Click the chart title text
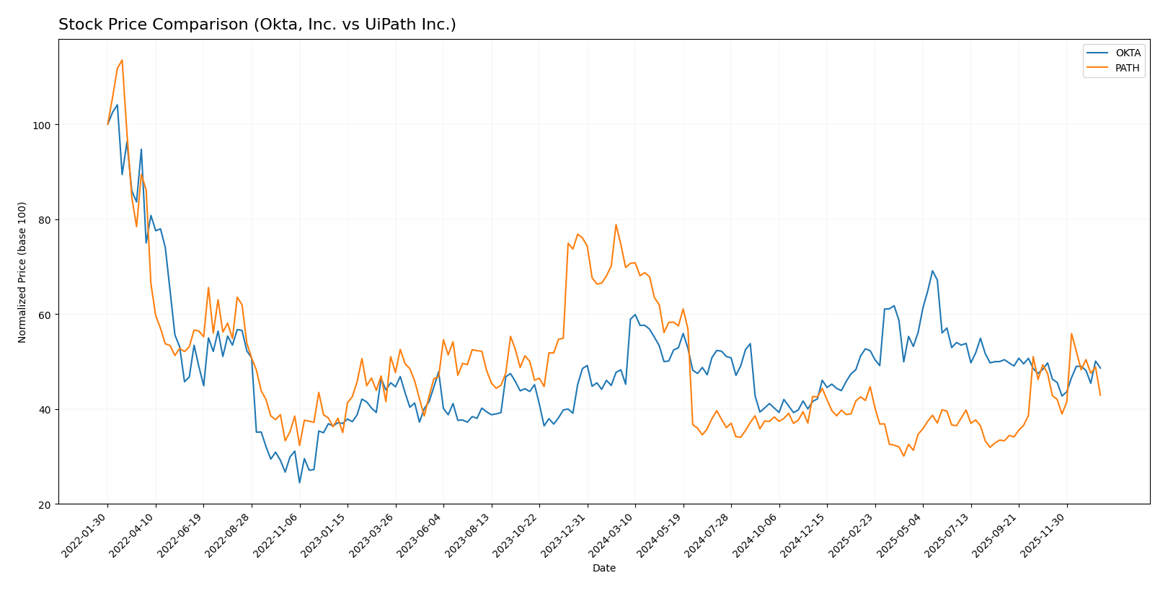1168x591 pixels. click(x=257, y=25)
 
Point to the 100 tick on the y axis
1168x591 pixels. click(x=44, y=125)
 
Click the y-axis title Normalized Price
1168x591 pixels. click(x=22, y=272)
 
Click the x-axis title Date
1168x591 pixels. click(x=603, y=569)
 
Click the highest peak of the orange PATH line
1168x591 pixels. click(x=122, y=60)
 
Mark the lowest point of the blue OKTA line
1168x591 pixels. click(x=299, y=482)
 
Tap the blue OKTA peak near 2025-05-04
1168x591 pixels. click(x=932, y=271)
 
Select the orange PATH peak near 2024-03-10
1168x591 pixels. click(x=616, y=224)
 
